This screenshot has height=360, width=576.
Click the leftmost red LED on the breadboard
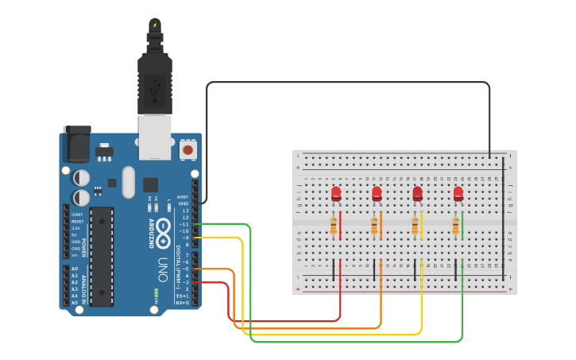(336, 193)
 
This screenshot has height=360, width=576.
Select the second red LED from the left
(377, 193)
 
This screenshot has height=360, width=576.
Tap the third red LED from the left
(417, 193)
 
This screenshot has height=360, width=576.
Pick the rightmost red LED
(458, 193)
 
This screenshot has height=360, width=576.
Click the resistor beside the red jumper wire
(333, 227)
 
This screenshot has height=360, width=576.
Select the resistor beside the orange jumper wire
(374, 227)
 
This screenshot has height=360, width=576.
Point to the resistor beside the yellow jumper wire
(415, 227)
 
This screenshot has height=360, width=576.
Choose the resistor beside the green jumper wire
(456, 227)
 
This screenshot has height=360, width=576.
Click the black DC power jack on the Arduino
(76, 141)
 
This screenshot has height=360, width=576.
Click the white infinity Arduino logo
(163, 231)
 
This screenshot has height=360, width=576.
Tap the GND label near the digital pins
(184, 203)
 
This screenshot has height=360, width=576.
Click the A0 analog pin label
(74, 269)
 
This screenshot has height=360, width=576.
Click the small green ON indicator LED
(157, 292)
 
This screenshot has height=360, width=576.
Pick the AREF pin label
(183, 196)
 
